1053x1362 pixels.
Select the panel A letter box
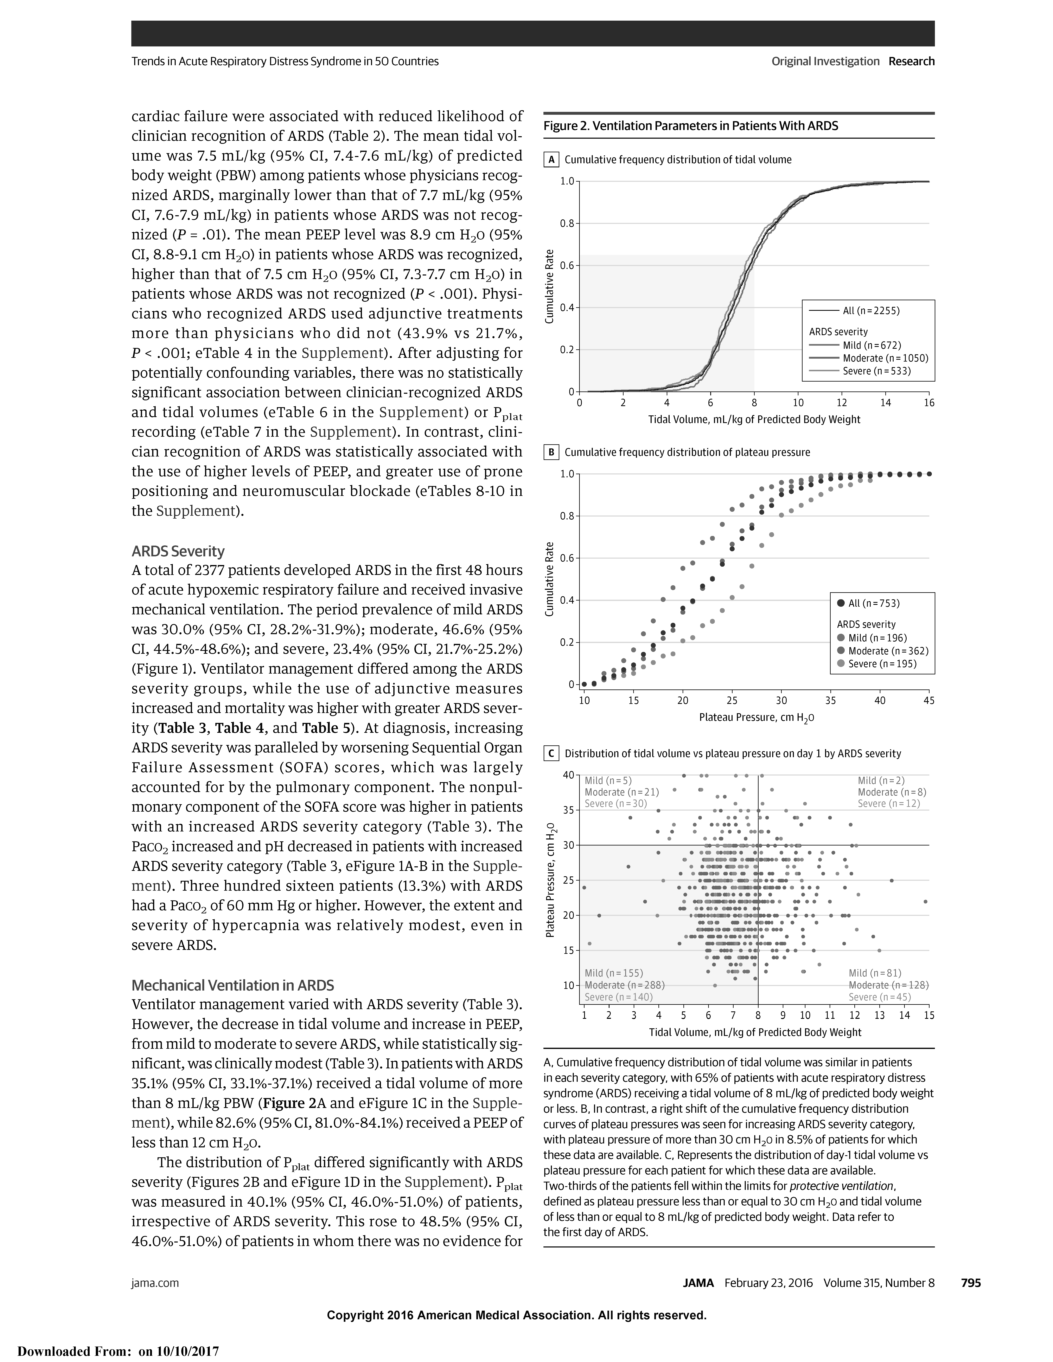[551, 160]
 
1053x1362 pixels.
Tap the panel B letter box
[551, 452]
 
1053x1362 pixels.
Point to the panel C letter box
[551, 753]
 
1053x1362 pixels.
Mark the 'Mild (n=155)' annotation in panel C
[613, 973]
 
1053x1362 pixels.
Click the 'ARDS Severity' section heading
[178, 551]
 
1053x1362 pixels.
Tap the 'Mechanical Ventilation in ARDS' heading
[233, 985]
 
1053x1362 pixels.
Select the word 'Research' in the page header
[911, 61]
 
